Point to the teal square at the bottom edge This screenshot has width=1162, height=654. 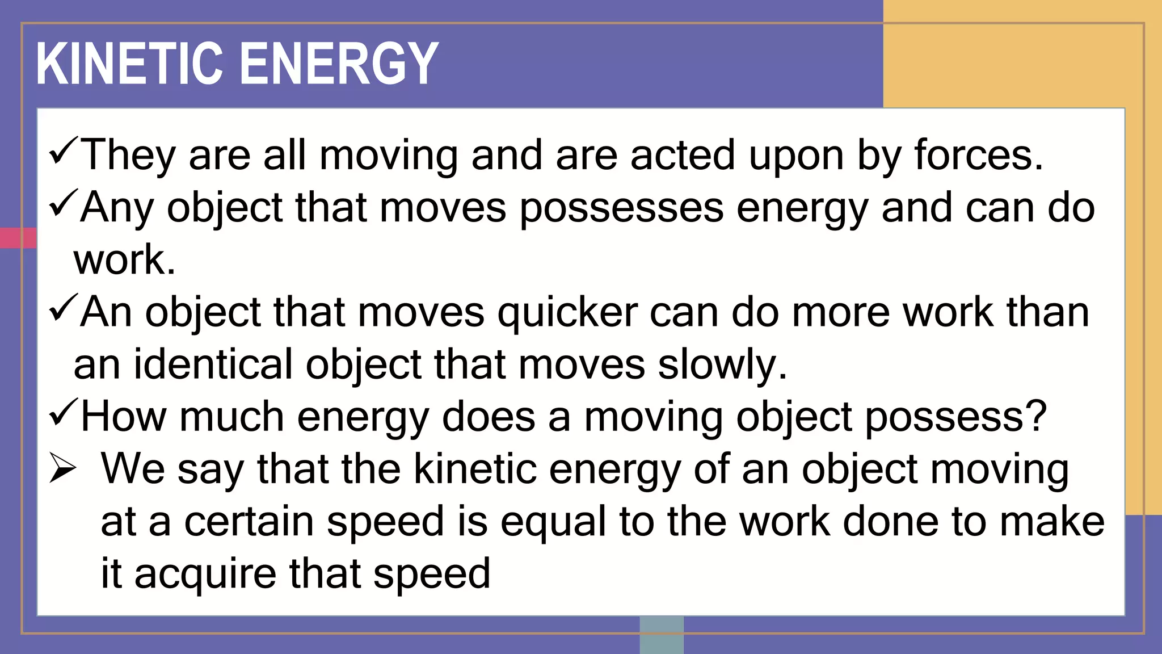(x=662, y=635)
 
